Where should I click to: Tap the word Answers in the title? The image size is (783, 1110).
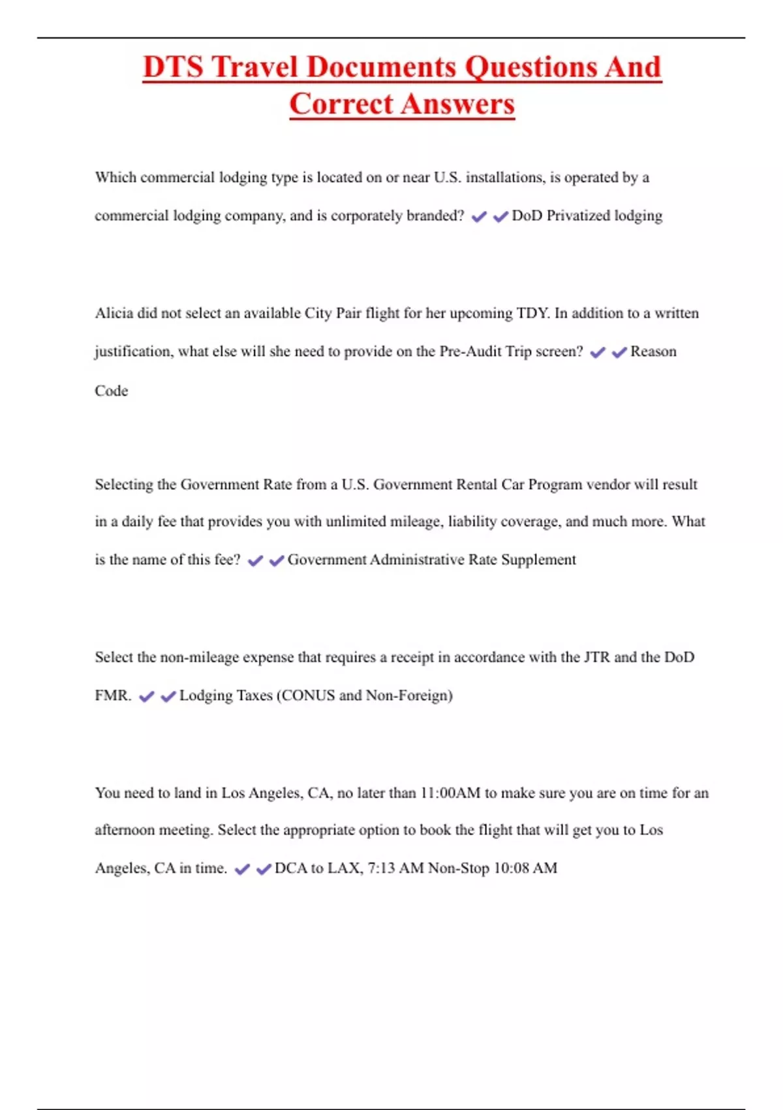(x=457, y=104)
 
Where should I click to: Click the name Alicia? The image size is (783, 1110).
(x=114, y=313)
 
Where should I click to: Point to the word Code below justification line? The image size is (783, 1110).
(x=111, y=391)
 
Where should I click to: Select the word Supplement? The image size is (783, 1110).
(x=538, y=560)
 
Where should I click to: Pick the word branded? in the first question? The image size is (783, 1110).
(x=435, y=216)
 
